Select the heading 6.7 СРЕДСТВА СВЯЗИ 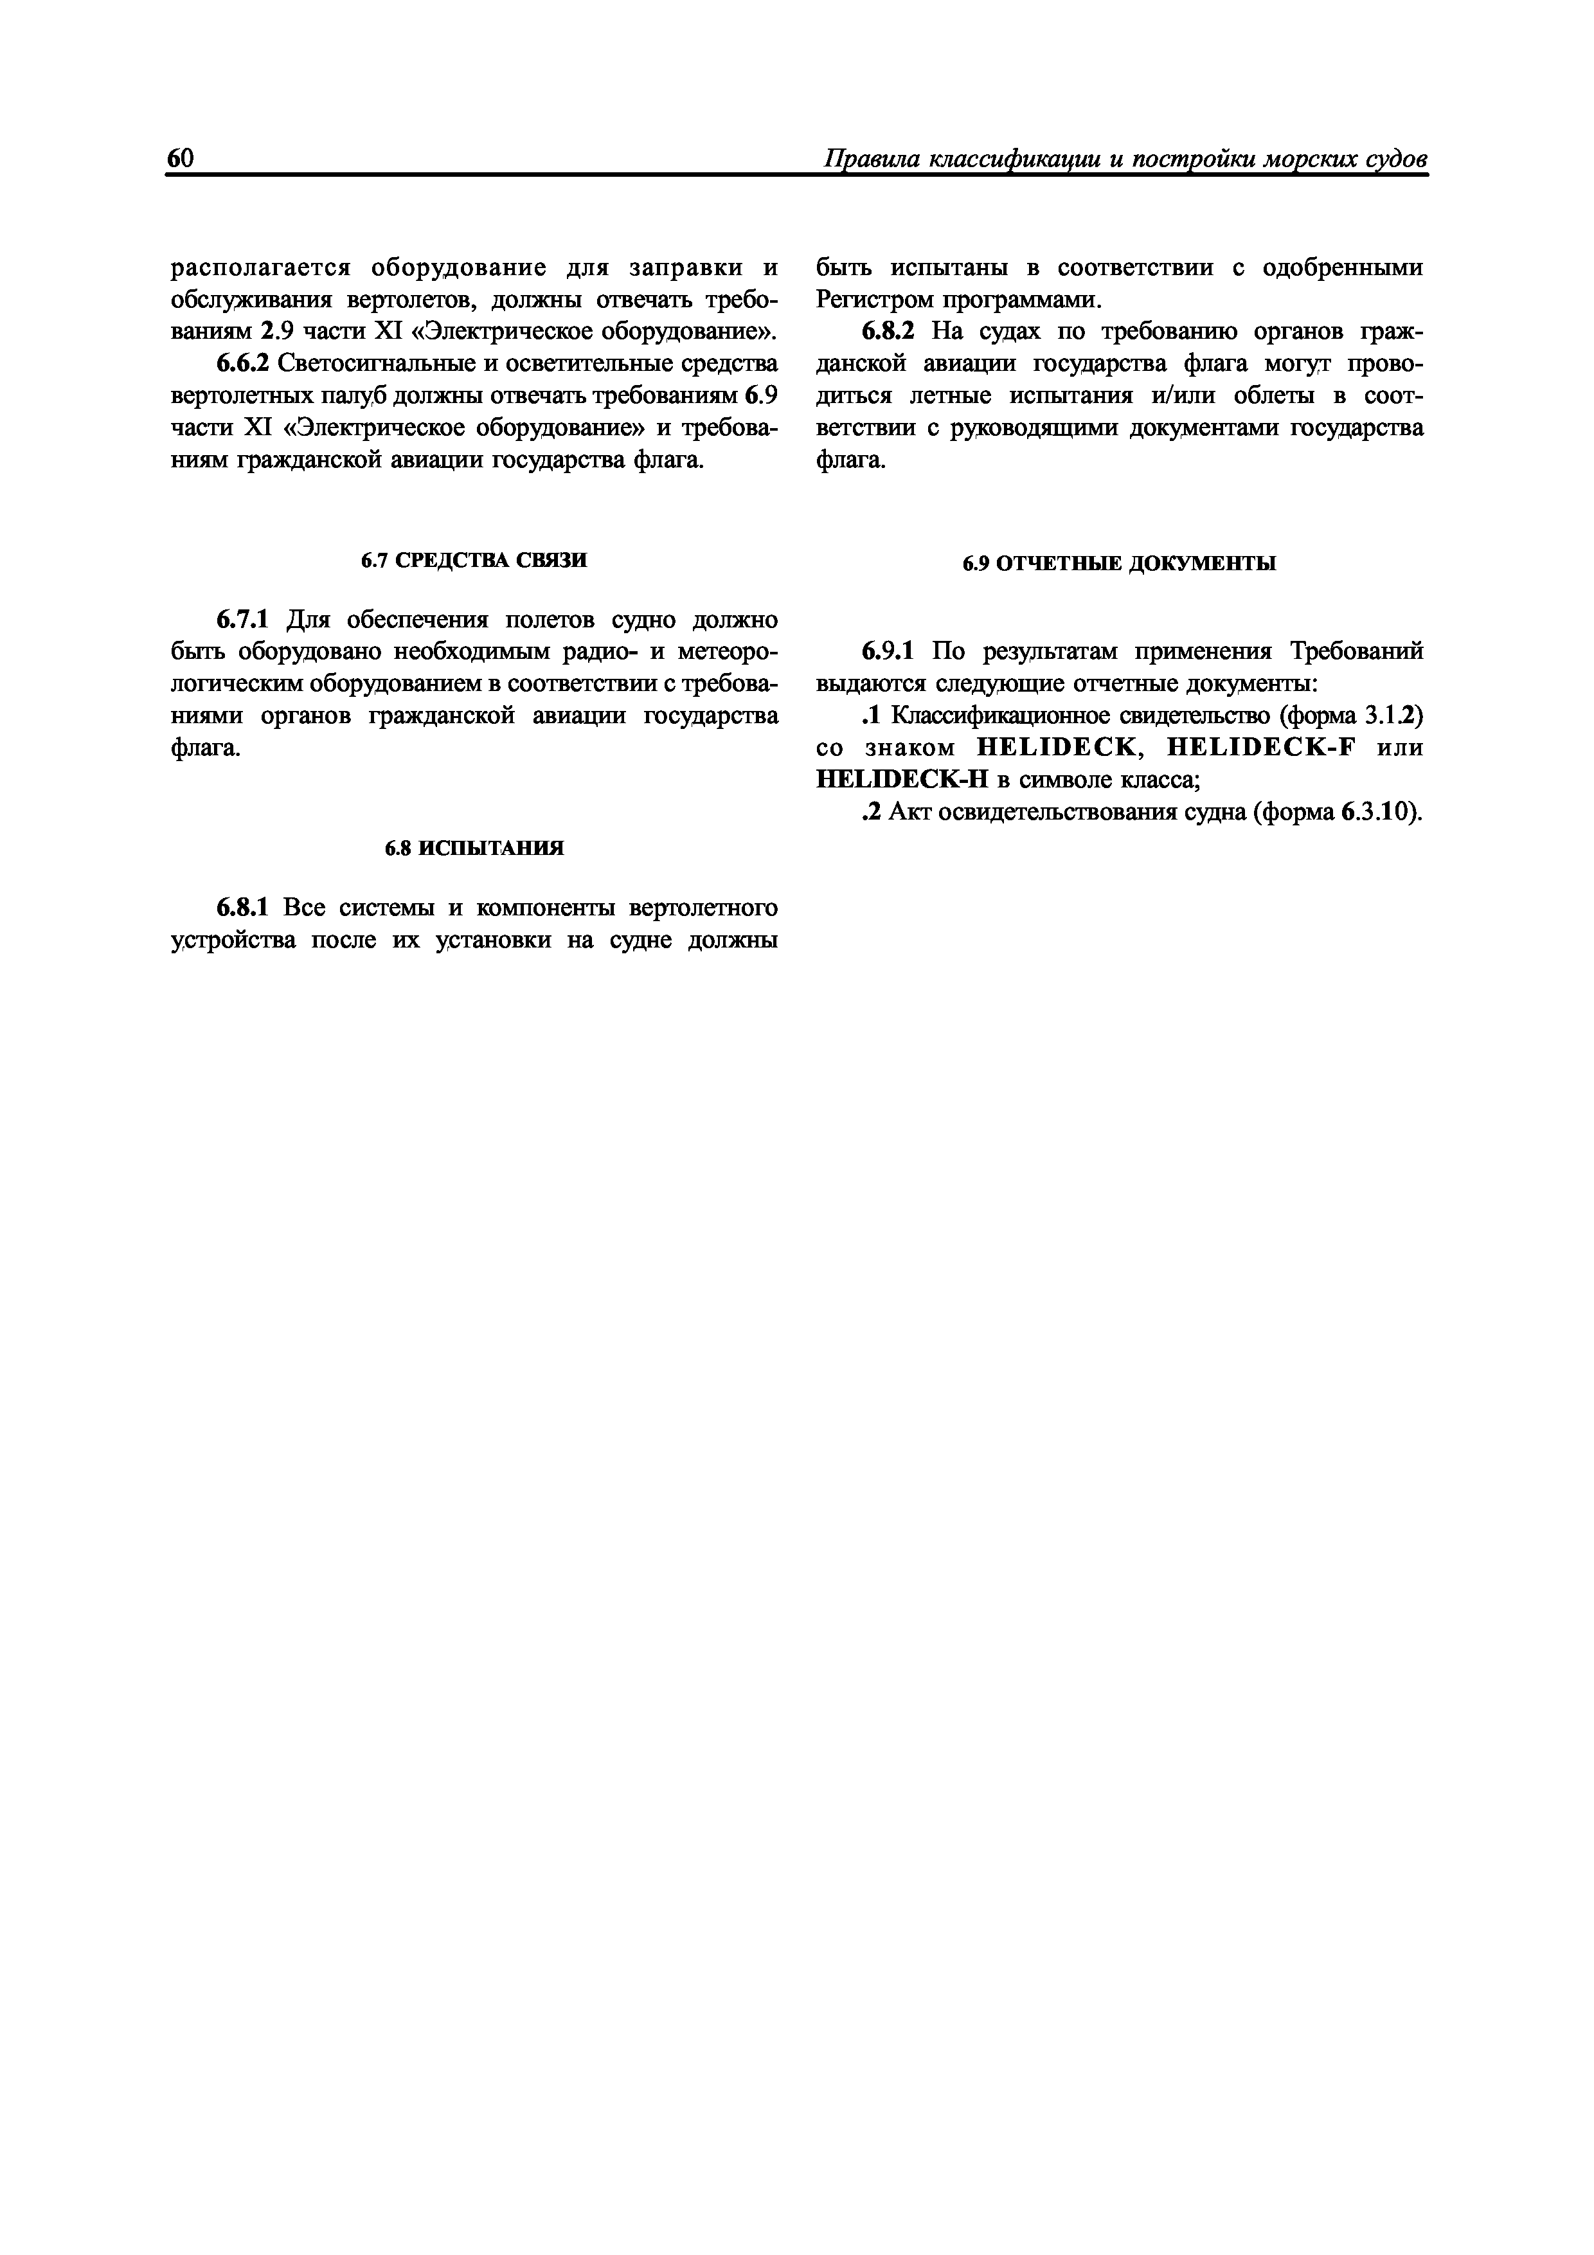pyautogui.click(x=474, y=560)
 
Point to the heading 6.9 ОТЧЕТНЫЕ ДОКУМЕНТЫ pyautogui.click(x=1120, y=564)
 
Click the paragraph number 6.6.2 pyautogui.click(x=242, y=363)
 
